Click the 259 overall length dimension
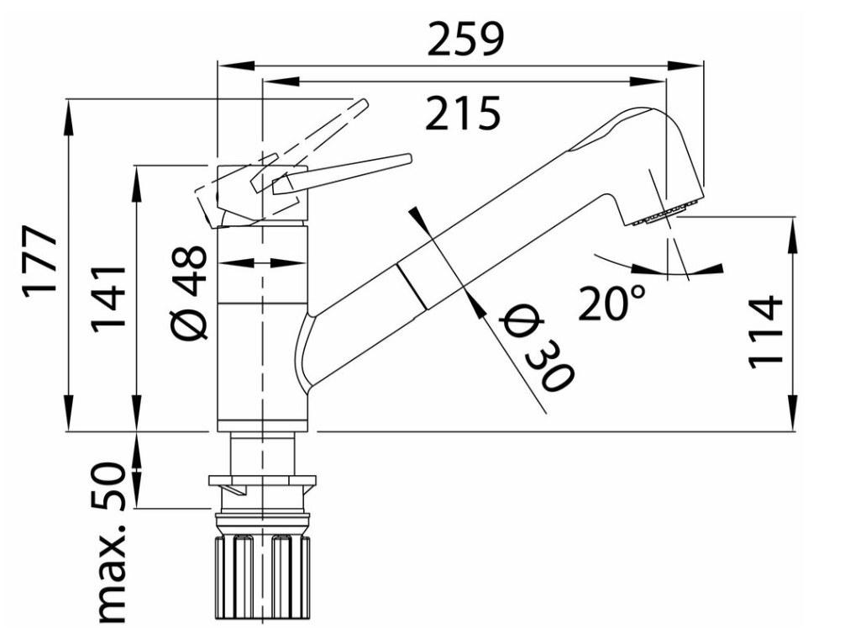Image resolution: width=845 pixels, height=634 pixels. pyautogui.click(x=465, y=39)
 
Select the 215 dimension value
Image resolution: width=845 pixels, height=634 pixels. pyautogui.click(x=463, y=114)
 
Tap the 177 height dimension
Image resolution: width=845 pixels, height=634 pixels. pyautogui.click(x=39, y=260)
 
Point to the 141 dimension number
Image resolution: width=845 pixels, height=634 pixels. pyautogui.click(x=108, y=299)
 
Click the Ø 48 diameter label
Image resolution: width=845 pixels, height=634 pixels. pyautogui.click(x=189, y=293)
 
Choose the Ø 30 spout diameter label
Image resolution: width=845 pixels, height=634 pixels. pyautogui.click(x=536, y=348)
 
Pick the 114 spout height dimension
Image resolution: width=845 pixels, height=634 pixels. pyautogui.click(x=765, y=332)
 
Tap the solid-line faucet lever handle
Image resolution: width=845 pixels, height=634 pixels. pyautogui.click(x=342, y=172)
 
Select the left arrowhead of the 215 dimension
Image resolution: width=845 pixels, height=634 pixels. pyautogui.click(x=281, y=81)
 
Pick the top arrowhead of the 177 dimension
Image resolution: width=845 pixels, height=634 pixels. pyautogui.click(x=69, y=118)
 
